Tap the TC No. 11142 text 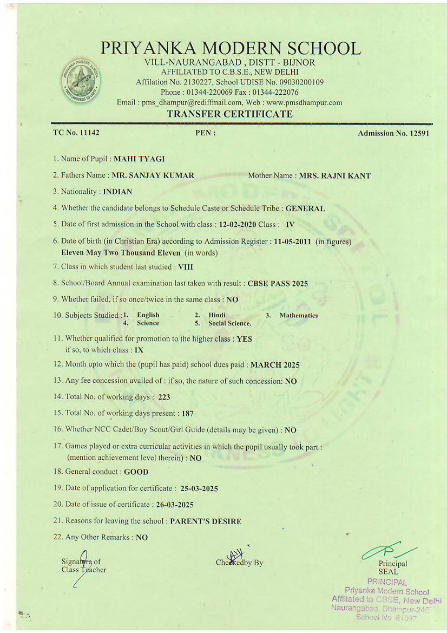tap(76, 132)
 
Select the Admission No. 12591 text tap(393, 133)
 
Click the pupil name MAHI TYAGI tap(139, 159)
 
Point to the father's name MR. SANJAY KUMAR tap(153, 175)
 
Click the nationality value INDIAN tap(117, 192)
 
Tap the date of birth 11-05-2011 tap(293, 242)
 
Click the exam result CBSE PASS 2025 tap(278, 283)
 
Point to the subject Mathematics tap(299, 315)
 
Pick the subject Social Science tap(229, 323)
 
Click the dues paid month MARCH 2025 tap(275, 365)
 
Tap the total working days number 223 tap(164, 397)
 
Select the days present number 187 tap(187, 413)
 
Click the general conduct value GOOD tap(136, 472)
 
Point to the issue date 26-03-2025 tap(175, 505)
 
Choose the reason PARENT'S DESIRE tap(206, 521)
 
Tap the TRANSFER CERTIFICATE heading tap(230, 114)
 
